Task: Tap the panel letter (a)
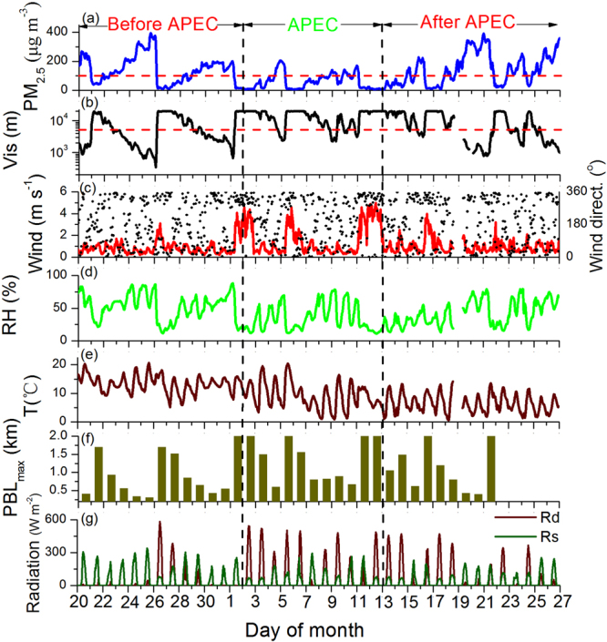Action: click(x=88, y=17)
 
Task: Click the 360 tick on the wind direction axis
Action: click(x=573, y=192)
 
